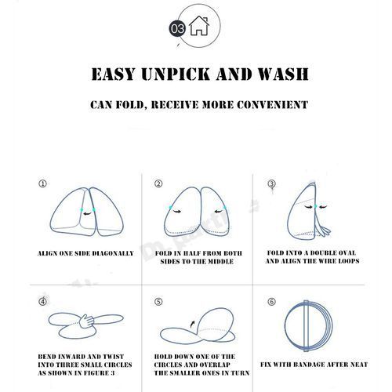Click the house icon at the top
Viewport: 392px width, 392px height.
[199, 25]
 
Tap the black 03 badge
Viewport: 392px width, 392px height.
[177, 28]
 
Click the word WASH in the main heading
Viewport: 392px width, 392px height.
[283, 74]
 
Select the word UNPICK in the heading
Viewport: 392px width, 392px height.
[176, 74]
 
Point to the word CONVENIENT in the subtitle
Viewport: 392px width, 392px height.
[272, 105]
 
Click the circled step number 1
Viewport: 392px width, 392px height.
[42, 183]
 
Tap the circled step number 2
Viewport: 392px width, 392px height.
[158, 183]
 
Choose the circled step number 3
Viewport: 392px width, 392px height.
[271, 183]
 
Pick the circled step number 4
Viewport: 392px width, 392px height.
[42, 302]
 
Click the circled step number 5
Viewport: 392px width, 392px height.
[158, 302]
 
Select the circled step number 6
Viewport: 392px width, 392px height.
[271, 302]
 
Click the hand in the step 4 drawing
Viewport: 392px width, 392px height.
[86, 321]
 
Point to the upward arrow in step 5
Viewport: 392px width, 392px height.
[193, 324]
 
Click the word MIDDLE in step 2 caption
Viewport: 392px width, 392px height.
[220, 262]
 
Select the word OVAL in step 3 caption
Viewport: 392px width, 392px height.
[345, 253]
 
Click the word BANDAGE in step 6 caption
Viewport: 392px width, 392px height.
[311, 365]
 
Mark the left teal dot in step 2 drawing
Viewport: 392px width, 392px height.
[170, 207]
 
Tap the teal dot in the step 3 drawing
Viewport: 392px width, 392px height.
[316, 206]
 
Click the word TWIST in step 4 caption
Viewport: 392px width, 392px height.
[114, 357]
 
